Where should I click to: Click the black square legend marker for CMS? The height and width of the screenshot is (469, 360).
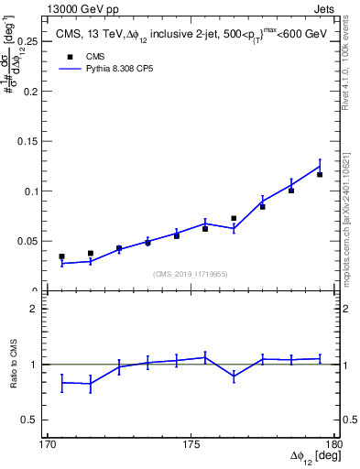(x=66, y=55)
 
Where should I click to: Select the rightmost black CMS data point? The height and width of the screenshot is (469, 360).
(x=320, y=174)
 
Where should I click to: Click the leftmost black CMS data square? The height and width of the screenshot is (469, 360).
(x=62, y=257)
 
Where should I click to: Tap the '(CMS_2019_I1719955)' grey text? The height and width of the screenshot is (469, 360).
(x=192, y=274)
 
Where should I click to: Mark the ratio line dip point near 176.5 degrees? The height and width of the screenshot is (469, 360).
(x=234, y=376)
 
